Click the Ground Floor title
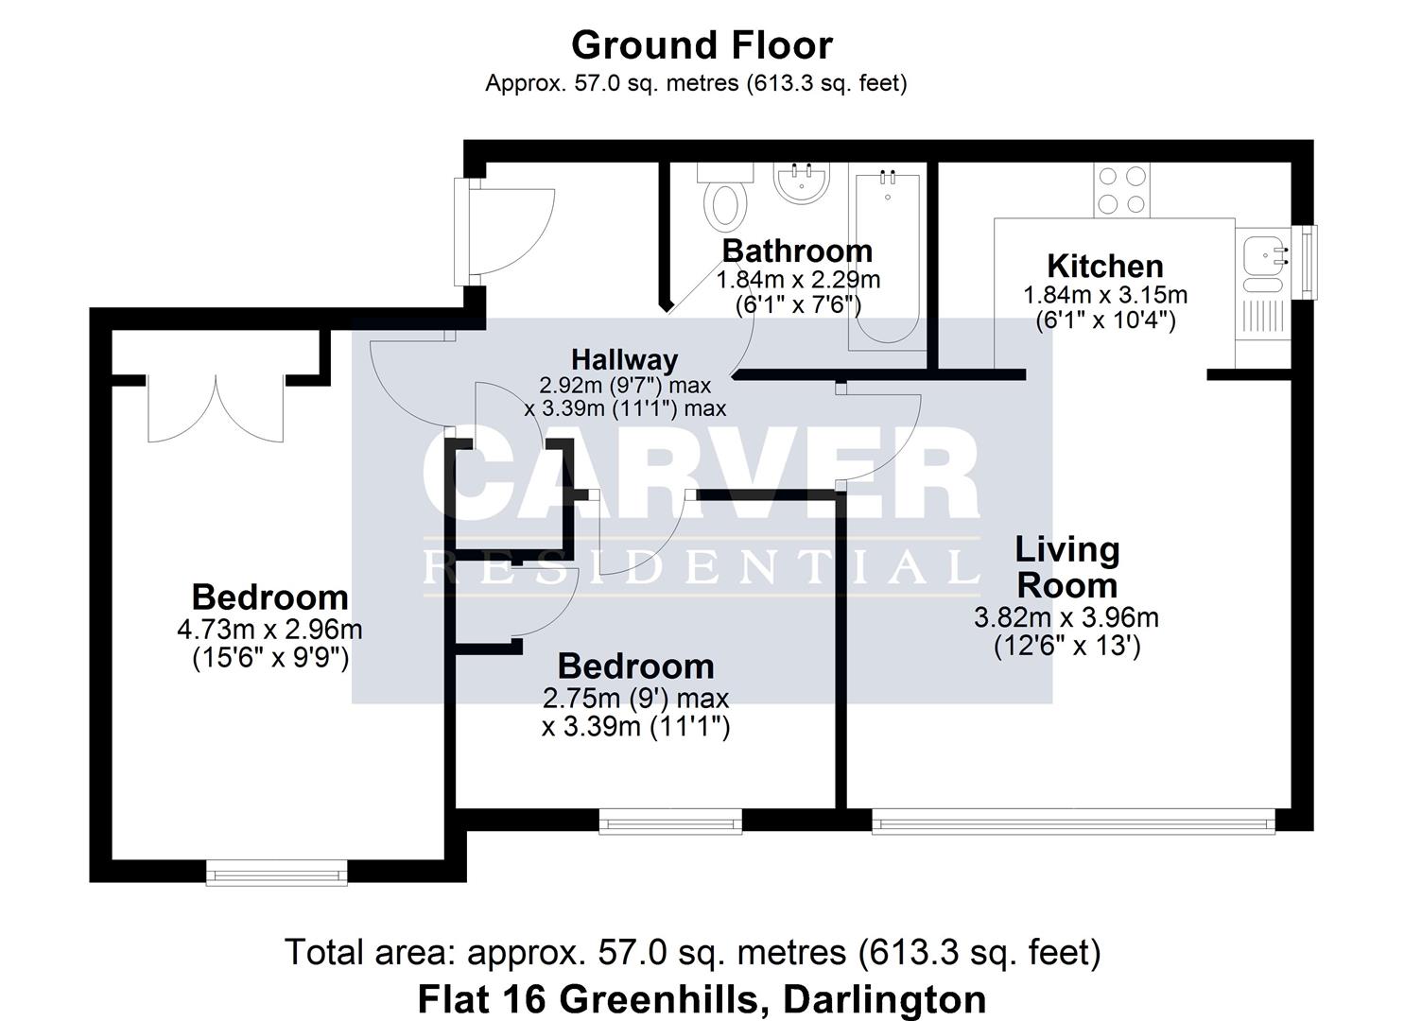click(x=702, y=45)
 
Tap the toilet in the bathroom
click(x=725, y=199)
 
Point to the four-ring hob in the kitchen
click(x=1122, y=190)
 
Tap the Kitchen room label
click(x=1104, y=266)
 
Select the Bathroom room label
click(x=797, y=251)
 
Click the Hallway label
click(x=625, y=359)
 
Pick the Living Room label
click(x=1067, y=567)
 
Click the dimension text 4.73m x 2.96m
click(x=269, y=629)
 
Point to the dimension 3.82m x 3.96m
click(x=1066, y=618)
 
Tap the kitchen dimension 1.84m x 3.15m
click(x=1105, y=295)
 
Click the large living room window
click(x=1073, y=822)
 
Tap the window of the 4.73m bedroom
click(x=277, y=873)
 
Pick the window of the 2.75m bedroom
click(x=670, y=822)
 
